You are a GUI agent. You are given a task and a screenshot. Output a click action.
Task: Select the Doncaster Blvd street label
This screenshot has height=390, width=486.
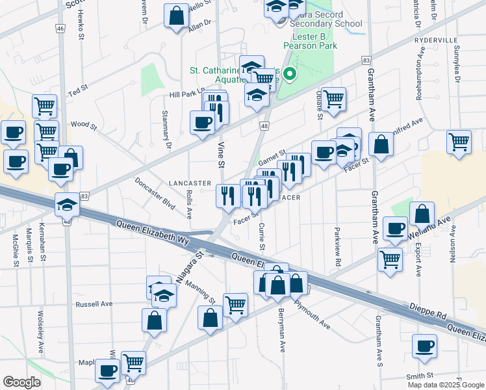[156, 193]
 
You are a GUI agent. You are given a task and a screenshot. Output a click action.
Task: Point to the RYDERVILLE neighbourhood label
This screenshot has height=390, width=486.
[436, 40]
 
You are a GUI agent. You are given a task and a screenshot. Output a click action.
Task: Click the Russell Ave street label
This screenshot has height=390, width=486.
[94, 304]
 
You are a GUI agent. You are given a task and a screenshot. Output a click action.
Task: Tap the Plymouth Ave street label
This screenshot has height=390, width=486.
[311, 313]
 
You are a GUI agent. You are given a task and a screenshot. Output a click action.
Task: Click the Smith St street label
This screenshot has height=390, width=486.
[420, 376]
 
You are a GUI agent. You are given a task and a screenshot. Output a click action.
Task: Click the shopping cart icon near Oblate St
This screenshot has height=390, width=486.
[333, 99]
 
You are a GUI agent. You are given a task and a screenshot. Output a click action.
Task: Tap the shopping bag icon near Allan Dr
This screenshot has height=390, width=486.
[176, 16]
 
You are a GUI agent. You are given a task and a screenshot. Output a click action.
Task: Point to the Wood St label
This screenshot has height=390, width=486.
[84, 124]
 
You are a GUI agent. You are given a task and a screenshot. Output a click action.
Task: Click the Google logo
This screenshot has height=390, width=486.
[22, 382]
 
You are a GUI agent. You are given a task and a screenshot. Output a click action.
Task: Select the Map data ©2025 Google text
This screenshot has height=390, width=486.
[445, 385]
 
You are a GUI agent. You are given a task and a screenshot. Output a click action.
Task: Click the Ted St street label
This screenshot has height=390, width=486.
[78, 88]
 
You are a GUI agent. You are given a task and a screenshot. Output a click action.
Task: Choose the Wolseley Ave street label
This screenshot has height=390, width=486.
[40, 331]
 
